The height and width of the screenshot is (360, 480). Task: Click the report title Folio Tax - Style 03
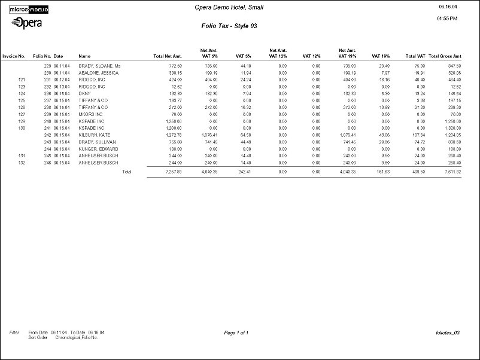pyautogui.click(x=229, y=26)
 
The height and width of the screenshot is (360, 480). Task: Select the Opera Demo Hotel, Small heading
pyautogui.click(x=229, y=7)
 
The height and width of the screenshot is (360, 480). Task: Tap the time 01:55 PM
pyautogui.click(x=448, y=19)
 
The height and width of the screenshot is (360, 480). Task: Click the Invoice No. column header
pyautogui.click(x=13, y=56)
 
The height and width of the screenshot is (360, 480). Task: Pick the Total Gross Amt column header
pyautogui.click(x=445, y=56)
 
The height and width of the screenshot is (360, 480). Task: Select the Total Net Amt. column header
pyautogui.click(x=168, y=56)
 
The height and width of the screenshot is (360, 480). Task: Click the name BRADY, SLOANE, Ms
pyautogui.click(x=99, y=65)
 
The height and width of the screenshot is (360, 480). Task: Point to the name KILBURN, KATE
pyautogui.click(x=94, y=135)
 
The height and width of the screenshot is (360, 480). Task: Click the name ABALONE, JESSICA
pyautogui.click(x=99, y=72)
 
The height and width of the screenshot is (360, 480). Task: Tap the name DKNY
pyautogui.click(x=84, y=93)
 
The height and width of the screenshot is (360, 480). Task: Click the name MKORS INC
pyautogui.click(x=90, y=114)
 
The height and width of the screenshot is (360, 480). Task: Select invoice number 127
pyautogui.click(x=22, y=114)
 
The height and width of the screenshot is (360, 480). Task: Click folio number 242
pyautogui.click(x=47, y=135)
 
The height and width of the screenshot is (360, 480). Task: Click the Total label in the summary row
pyautogui.click(x=126, y=172)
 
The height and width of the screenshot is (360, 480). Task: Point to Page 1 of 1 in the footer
pyautogui.click(x=236, y=332)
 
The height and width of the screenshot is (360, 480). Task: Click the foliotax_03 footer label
pyautogui.click(x=448, y=332)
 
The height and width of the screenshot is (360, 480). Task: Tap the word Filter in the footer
pyautogui.click(x=14, y=331)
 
